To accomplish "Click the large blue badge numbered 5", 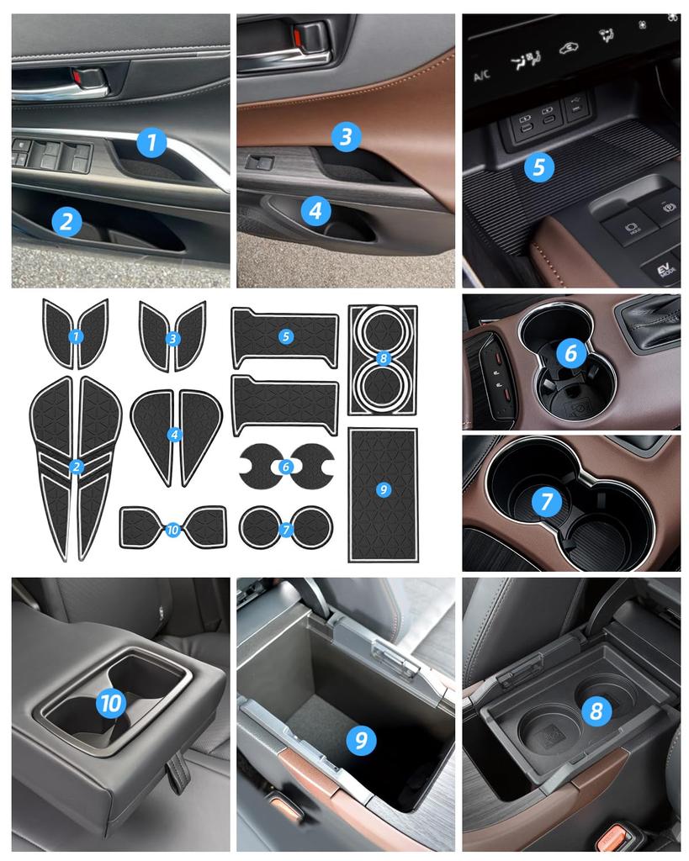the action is [538, 167].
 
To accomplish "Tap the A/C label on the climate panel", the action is [482, 75].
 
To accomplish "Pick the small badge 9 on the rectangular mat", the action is [383, 489].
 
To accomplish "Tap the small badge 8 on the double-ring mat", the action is [383, 359].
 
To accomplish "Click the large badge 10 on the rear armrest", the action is [111, 703].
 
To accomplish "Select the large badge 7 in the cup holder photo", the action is [546, 501].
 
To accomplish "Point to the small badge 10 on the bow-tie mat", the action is [172, 530].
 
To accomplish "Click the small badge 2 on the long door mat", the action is [76, 467].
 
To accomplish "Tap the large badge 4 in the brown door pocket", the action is [315, 210].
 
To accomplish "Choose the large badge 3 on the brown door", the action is [346, 136].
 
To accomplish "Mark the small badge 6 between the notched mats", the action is [285, 467].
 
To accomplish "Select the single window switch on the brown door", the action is [259, 162].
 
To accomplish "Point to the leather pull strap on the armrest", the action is [178, 769].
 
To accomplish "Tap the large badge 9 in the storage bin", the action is [361, 740].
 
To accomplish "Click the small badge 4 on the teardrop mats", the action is [175, 435].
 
